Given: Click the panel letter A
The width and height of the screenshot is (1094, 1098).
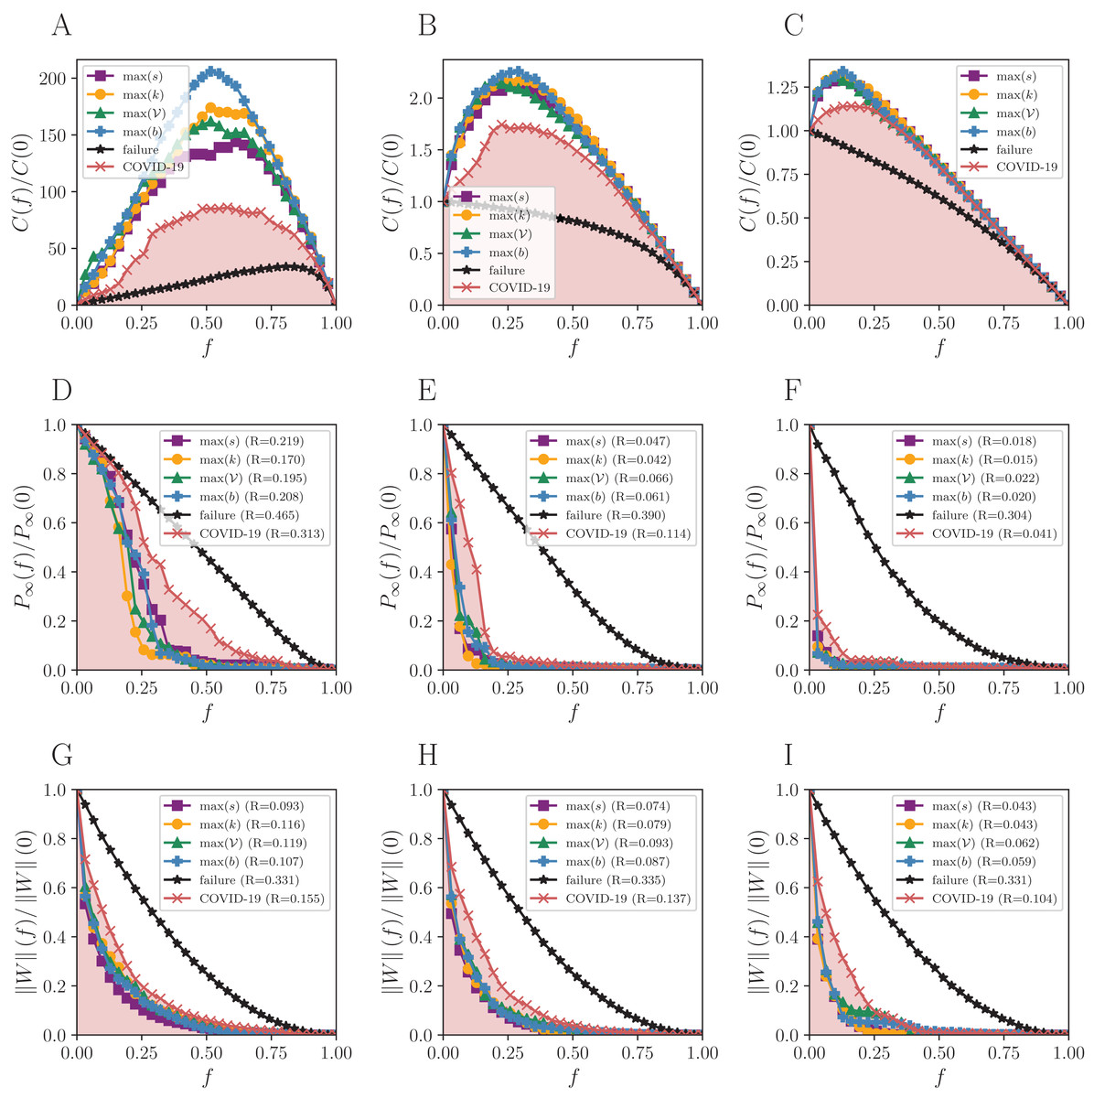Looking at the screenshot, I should pos(61,26).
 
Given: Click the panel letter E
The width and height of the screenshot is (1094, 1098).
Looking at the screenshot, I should pos(426,391).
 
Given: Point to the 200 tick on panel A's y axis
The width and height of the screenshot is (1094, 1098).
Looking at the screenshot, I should pos(54,79).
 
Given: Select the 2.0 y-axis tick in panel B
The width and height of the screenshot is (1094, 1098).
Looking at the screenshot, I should pos(422,99).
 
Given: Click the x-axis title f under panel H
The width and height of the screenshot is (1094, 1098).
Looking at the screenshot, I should pos(574,1078).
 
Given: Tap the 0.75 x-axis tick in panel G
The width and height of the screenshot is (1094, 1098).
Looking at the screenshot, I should pos(272,1053).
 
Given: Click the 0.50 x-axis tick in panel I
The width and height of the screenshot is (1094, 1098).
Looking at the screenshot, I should pos(938,1053).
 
